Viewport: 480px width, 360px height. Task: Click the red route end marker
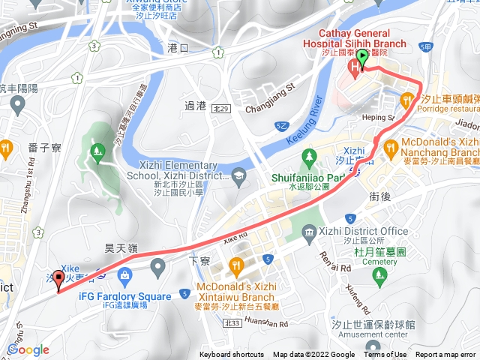[x=59, y=279]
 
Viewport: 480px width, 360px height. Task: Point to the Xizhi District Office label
[x=363, y=231]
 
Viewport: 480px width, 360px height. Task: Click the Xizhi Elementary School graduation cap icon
[x=238, y=175]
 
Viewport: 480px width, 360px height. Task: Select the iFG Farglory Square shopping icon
[x=157, y=265]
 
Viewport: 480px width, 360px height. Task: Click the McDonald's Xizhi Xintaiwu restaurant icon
[x=237, y=264]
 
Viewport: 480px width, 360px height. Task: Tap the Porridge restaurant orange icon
[x=406, y=98]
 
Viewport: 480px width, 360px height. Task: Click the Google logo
[x=28, y=349]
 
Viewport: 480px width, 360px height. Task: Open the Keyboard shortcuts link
[x=232, y=355]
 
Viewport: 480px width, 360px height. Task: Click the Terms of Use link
[x=387, y=355]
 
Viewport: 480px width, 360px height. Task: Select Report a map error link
[x=446, y=355]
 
